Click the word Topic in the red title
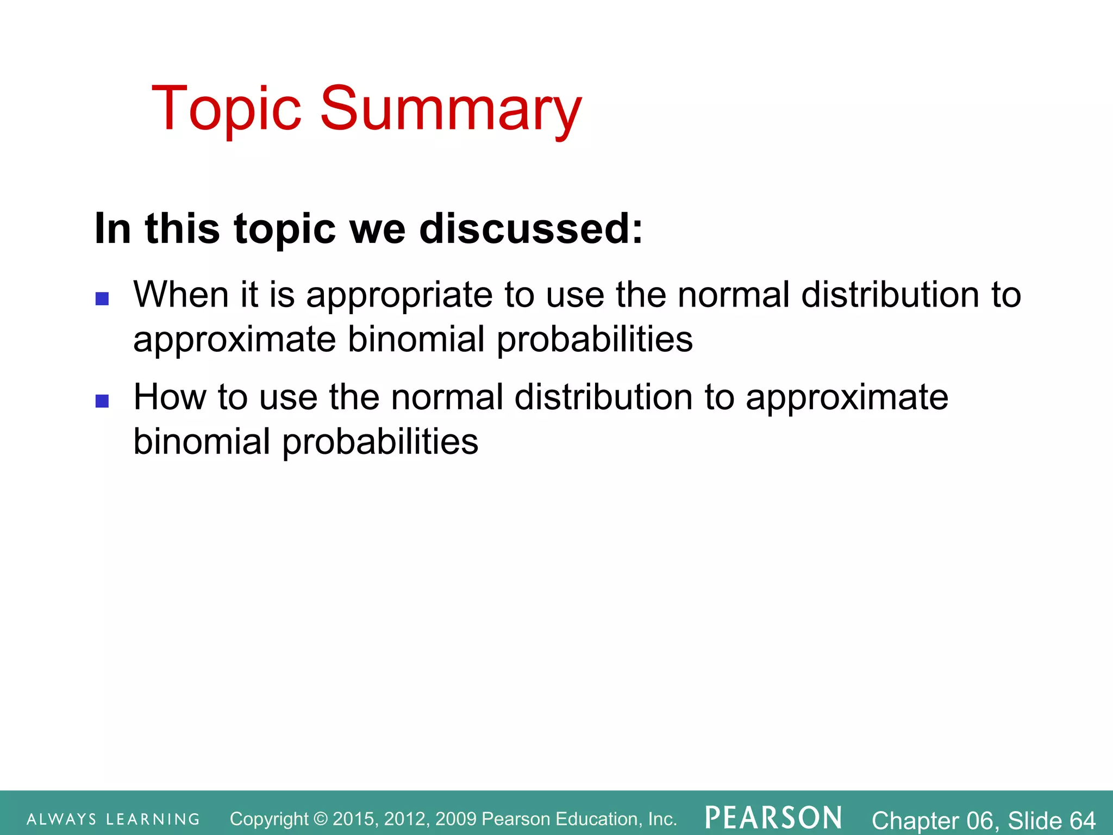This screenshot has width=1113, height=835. [x=226, y=109]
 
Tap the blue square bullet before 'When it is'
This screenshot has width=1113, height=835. [x=102, y=298]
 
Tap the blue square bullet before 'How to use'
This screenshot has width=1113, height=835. [x=102, y=401]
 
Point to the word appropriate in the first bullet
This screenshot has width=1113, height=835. [x=400, y=296]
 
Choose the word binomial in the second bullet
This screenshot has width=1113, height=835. [x=202, y=441]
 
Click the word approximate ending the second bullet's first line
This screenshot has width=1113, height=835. [x=847, y=398]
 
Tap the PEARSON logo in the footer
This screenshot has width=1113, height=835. [x=773, y=818]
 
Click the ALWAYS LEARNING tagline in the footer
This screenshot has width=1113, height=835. [x=114, y=819]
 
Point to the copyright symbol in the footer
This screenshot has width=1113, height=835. [x=321, y=819]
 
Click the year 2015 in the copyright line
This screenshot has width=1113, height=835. [x=354, y=819]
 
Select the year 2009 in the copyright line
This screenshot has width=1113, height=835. [x=455, y=819]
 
